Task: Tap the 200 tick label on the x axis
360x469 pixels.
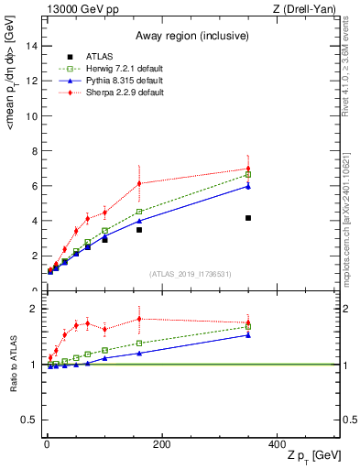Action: tap(161, 444)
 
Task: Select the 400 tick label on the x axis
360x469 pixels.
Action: tap(277, 444)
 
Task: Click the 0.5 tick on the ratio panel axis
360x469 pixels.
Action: tap(31, 420)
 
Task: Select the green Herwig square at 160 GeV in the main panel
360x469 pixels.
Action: tap(139, 212)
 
